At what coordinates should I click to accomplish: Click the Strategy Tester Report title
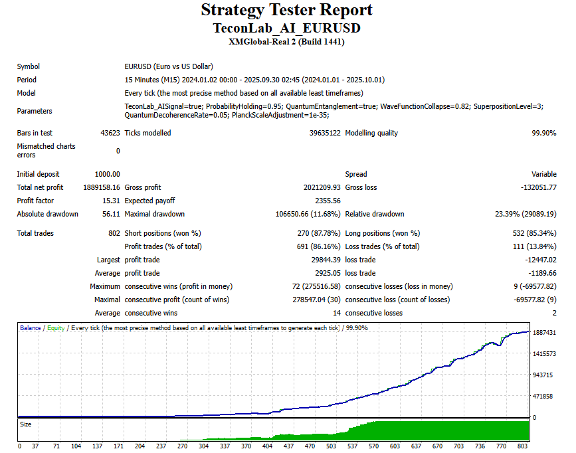pyautogui.click(x=286, y=11)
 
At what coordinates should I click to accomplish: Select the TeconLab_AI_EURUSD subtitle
pyautogui.click(x=286, y=29)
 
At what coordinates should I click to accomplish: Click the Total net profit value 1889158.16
pyautogui.click(x=102, y=187)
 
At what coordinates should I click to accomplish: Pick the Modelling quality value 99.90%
pyautogui.click(x=543, y=133)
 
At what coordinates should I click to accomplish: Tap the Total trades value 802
pyautogui.click(x=114, y=233)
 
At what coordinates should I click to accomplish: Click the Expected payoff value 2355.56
pyautogui.click(x=328, y=201)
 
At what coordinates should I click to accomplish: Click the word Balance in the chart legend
pyautogui.click(x=31, y=328)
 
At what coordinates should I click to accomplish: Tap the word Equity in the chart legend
pyautogui.click(x=56, y=328)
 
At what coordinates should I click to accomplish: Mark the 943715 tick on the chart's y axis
pyautogui.click(x=543, y=375)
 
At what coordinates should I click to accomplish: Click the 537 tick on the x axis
pyautogui.click(x=353, y=446)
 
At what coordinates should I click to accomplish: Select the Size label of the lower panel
pyautogui.click(x=25, y=424)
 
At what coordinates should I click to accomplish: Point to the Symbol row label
pyautogui.click(x=28, y=66)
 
